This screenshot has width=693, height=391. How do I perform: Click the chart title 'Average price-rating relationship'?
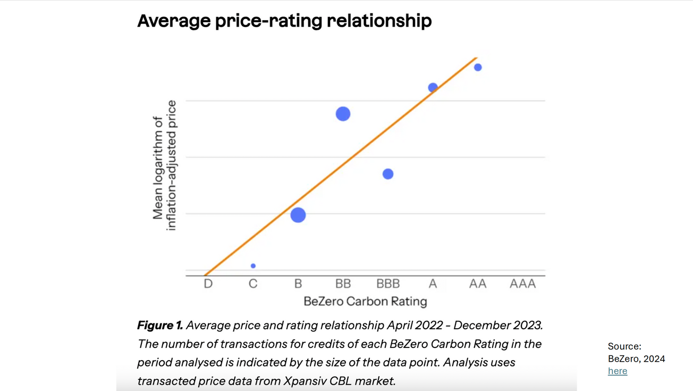(x=284, y=21)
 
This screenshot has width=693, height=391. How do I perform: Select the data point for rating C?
(x=253, y=265)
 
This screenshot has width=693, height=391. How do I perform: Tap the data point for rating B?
(x=298, y=215)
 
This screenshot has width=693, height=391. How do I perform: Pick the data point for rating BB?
(x=343, y=114)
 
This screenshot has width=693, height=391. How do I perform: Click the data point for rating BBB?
(x=388, y=174)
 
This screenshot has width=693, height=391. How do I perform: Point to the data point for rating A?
(x=433, y=87)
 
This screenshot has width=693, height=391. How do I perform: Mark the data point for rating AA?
(x=478, y=68)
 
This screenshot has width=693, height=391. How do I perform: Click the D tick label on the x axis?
(x=208, y=284)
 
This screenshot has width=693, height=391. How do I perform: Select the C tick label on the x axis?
(x=253, y=284)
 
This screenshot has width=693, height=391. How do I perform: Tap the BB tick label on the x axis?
(x=343, y=284)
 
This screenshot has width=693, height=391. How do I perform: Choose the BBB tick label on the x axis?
(x=388, y=284)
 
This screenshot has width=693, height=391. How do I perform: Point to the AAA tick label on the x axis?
(x=522, y=284)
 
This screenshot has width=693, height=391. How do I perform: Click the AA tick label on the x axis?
(x=478, y=284)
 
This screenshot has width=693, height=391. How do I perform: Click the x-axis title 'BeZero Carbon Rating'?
(x=365, y=302)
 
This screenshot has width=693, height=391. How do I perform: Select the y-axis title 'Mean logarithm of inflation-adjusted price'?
(x=164, y=165)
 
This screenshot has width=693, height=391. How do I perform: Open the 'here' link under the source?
(x=618, y=371)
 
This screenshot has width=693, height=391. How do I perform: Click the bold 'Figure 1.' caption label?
(x=160, y=325)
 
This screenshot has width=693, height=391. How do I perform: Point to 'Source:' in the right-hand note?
(x=624, y=347)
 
